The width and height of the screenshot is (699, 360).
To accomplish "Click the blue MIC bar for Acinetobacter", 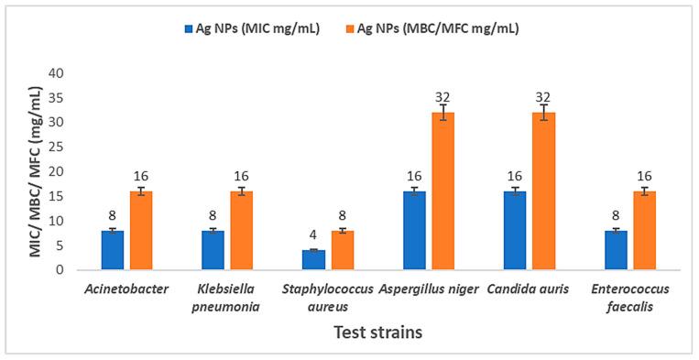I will [x=112, y=250].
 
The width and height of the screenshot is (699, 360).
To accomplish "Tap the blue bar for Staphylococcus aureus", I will [x=313, y=260].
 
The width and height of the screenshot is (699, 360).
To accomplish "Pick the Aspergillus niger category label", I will [x=429, y=289].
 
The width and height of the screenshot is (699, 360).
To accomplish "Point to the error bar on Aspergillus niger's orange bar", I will [x=442, y=113].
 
